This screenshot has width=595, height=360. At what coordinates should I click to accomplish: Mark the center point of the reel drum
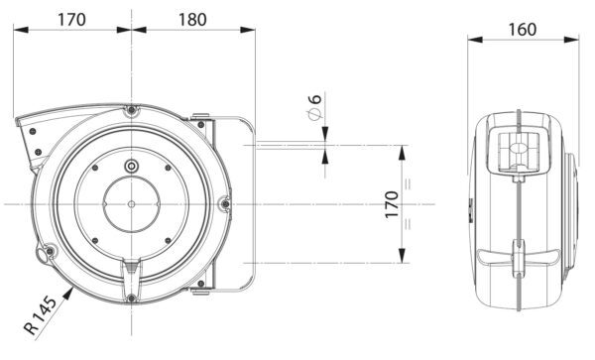click(x=132, y=204)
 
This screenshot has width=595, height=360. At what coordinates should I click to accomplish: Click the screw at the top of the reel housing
click(x=132, y=111)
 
